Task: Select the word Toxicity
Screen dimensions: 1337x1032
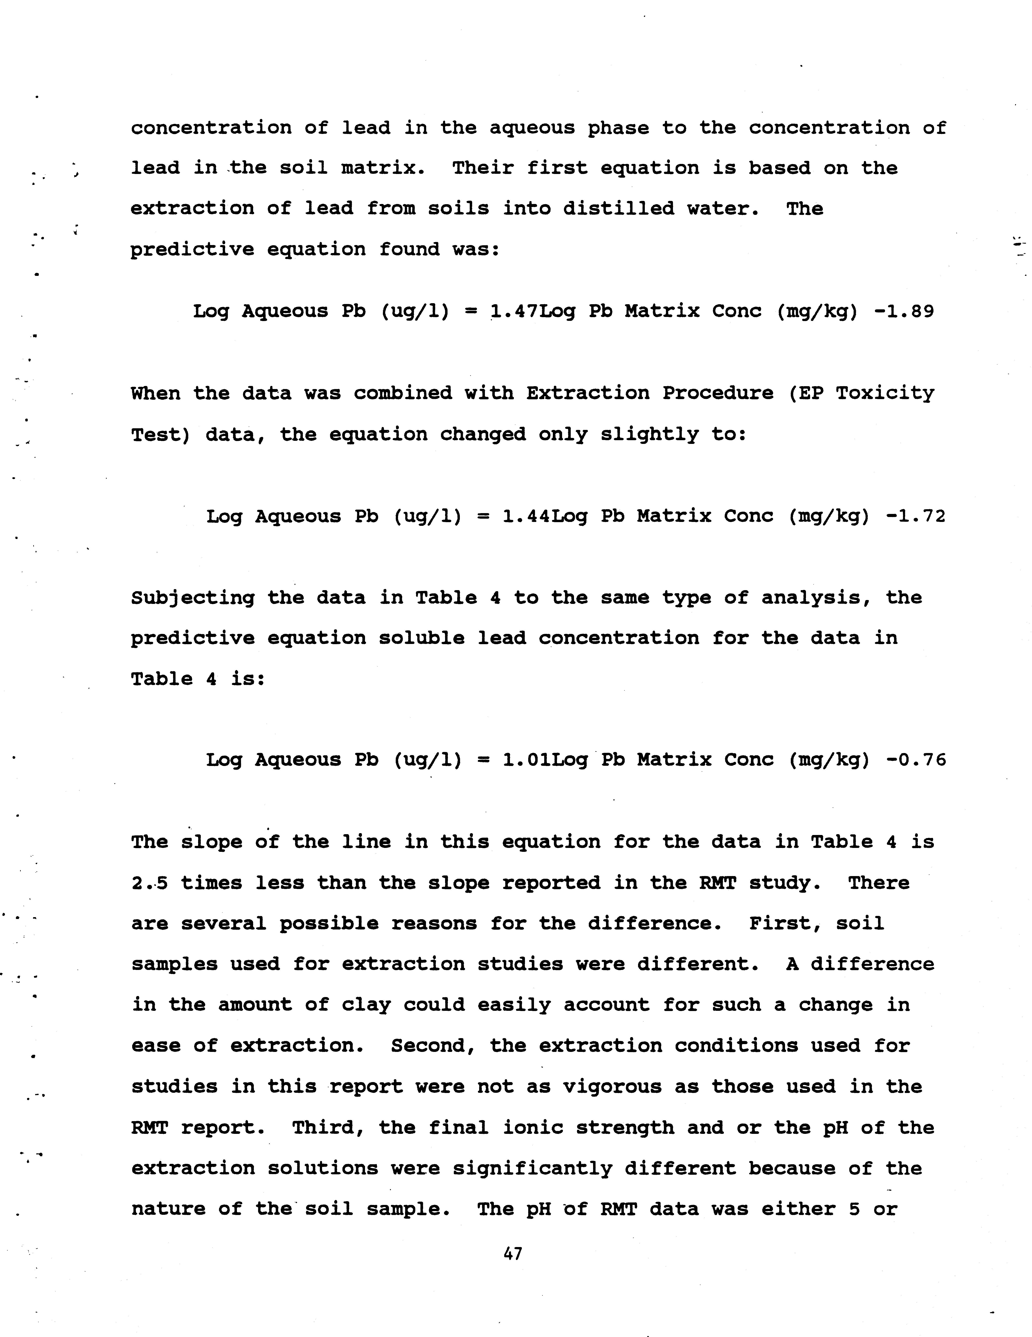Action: pyautogui.click(x=885, y=393)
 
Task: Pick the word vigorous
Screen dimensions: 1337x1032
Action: pyautogui.click(x=612, y=1087)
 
